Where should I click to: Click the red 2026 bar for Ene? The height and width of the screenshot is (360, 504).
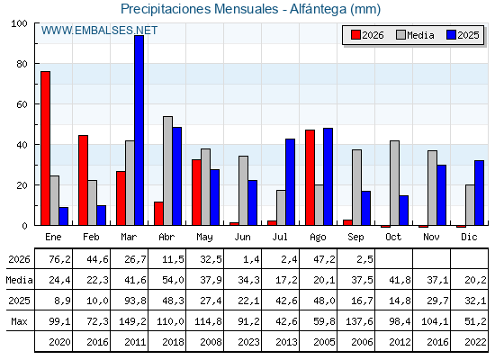pos(45,148)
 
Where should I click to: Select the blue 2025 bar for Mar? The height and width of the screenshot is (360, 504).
pos(139,130)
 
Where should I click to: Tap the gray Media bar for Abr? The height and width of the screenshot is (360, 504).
pos(167,171)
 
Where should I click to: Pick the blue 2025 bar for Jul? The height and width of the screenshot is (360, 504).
pos(290,182)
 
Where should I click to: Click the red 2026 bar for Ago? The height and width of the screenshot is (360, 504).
pos(310,177)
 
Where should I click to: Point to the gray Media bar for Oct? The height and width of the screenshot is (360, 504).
pos(395,183)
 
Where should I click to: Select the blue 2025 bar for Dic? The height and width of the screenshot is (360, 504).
pos(479,193)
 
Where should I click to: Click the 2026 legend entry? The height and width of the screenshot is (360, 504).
pos(367,35)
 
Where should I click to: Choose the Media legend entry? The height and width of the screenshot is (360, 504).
pos(415,35)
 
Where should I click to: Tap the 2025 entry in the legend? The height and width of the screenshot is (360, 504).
pos(463,35)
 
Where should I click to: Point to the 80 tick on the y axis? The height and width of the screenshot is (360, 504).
pos(22,64)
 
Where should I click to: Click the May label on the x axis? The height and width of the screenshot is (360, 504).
pos(204,238)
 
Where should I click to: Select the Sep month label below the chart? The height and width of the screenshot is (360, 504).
pos(355,238)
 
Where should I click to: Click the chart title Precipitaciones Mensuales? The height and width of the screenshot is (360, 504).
pos(200,9)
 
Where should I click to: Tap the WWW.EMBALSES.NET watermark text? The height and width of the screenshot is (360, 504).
pos(99,31)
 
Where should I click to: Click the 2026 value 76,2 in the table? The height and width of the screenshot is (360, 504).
pos(59,259)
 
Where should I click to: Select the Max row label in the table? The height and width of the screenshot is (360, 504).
pos(19,321)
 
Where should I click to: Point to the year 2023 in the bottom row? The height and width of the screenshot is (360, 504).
pos(248,342)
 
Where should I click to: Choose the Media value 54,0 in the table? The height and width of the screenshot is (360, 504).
pos(173,280)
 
